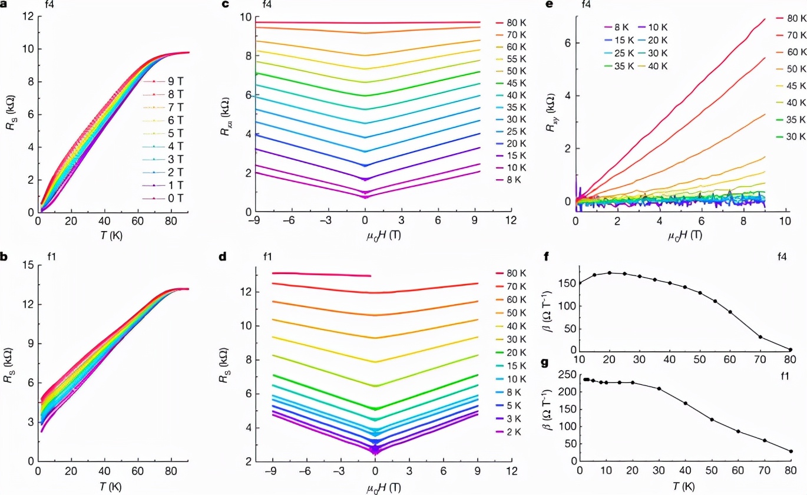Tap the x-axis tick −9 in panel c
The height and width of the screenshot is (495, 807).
(255, 220)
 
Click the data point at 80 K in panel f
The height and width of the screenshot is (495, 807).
(791, 349)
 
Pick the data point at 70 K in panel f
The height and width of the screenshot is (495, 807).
(760, 337)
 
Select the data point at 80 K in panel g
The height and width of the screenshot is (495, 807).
(791, 451)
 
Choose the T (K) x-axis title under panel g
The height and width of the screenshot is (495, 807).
(684, 487)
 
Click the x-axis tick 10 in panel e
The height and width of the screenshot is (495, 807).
(785, 220)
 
